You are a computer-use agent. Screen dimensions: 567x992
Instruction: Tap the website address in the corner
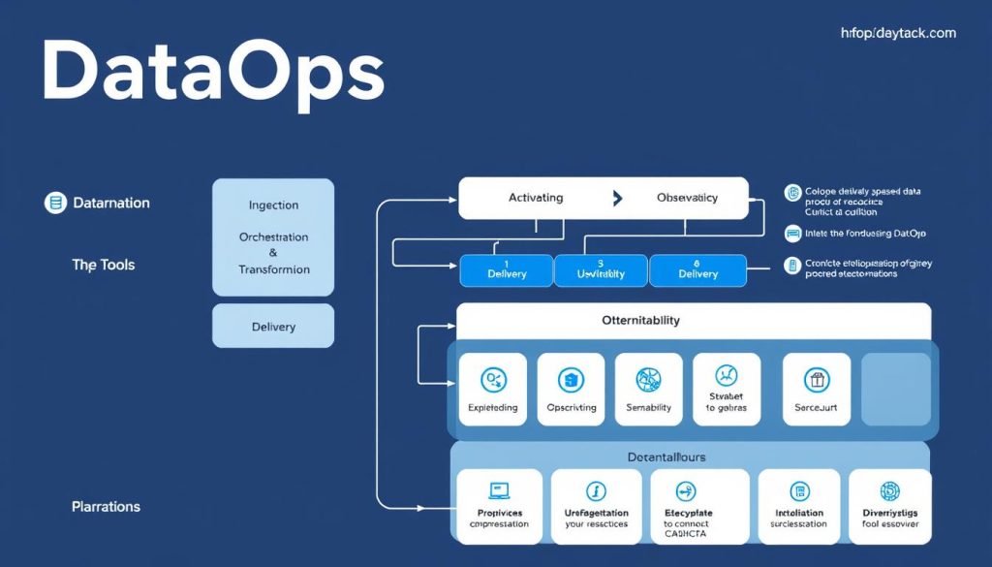point(898,33)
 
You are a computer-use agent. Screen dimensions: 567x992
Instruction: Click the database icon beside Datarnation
point(55,203)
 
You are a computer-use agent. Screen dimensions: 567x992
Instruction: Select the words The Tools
point(104,265)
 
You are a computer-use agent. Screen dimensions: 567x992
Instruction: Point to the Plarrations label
point(106,507)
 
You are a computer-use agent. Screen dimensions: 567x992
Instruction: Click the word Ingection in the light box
point(273,205)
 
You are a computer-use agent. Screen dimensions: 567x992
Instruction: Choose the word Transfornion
point(273,269)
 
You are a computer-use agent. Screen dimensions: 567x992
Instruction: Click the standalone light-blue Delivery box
point(273,327)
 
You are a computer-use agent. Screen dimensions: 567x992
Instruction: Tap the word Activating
point(536,198)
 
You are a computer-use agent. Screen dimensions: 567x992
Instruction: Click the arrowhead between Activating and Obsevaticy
point(617,198)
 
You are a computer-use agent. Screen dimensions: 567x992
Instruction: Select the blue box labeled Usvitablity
point(601,270)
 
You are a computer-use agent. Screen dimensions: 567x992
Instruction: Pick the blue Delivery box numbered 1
point(507,270)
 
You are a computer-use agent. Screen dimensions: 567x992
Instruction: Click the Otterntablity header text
point(640,321)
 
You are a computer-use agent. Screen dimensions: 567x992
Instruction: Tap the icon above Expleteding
point(492,380)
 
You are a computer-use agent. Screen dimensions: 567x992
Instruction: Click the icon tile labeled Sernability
point(648,389)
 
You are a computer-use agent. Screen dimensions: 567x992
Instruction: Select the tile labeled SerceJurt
point(816,389)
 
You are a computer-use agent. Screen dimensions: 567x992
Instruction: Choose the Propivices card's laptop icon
point(499,491)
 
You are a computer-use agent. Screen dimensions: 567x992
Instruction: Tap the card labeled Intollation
point(799,506)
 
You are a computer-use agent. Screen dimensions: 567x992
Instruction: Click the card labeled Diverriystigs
point(889,506)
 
